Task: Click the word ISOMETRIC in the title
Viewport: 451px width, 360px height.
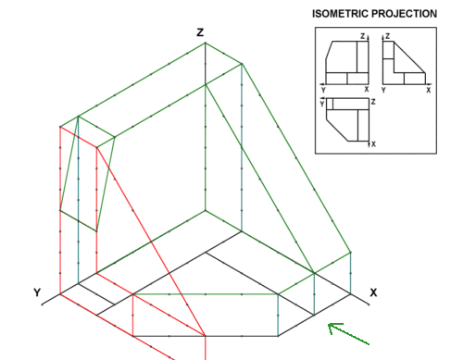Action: tap(340, 14)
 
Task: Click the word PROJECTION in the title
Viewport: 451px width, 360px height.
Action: tap(404, 14)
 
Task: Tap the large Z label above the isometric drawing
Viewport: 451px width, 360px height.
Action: tap(200, 32)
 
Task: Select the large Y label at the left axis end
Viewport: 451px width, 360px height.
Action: tap(37, 292)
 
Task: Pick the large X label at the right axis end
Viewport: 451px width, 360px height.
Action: tap(373, 292)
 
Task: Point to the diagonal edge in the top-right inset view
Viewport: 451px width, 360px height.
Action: tap(409, 57)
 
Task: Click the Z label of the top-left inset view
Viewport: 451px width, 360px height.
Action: tap(363, 36)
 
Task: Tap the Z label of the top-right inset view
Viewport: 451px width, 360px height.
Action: tap(388, 36)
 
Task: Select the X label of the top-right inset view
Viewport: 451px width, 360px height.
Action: tap(428, 90)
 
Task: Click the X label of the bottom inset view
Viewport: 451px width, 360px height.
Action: tap(373, 144)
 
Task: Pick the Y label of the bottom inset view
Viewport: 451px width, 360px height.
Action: tap(322, 104)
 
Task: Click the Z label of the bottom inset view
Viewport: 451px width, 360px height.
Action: tap(373, 102)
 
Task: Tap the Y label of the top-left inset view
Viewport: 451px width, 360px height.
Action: tap(323, 90)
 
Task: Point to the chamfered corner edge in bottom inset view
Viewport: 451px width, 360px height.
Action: tap(337, 130)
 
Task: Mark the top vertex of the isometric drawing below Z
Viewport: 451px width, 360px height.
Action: tap(206, 43)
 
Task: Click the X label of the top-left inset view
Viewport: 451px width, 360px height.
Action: tap(367, 90)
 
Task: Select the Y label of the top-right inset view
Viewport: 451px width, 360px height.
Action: tap(383, 90)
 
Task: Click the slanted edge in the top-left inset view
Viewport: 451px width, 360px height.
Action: tap(329, 50)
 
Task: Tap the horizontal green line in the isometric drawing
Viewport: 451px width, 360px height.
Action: tap(206, 294)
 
